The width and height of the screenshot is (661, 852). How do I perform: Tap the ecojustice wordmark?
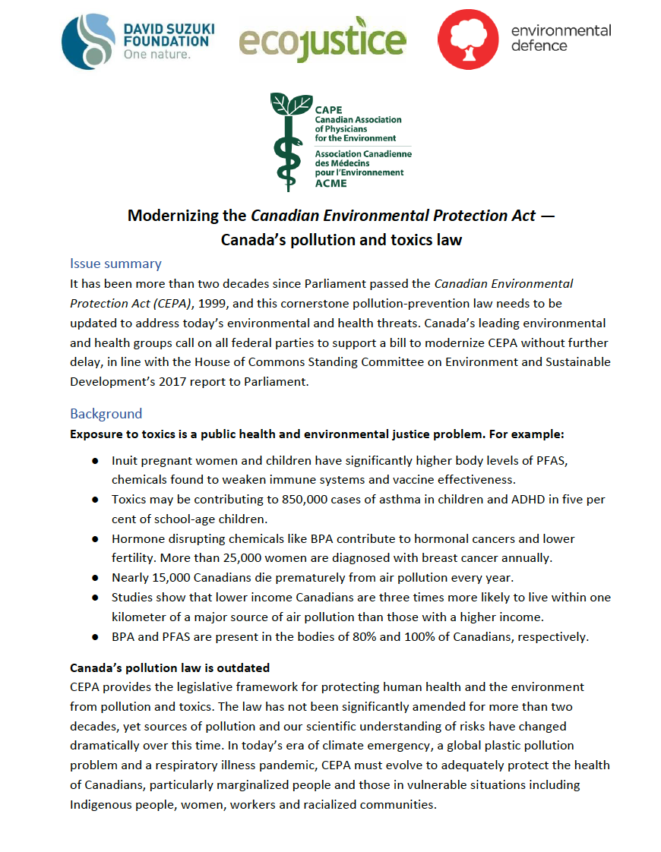click(322, 39)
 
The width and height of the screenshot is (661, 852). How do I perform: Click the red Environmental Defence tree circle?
click(468, 39)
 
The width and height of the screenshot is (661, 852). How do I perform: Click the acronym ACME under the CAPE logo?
click(330, 183)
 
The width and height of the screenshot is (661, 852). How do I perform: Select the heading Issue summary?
click(115, 263)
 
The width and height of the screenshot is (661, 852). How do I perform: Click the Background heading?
click(106, 414)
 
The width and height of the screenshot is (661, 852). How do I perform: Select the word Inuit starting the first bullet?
click(126, 460)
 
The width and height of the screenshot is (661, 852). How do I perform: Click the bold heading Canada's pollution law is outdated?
click(169, 668)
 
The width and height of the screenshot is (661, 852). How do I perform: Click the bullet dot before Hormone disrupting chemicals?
click(95, 539)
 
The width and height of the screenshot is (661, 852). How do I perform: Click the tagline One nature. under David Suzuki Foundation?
click(157, 55)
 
